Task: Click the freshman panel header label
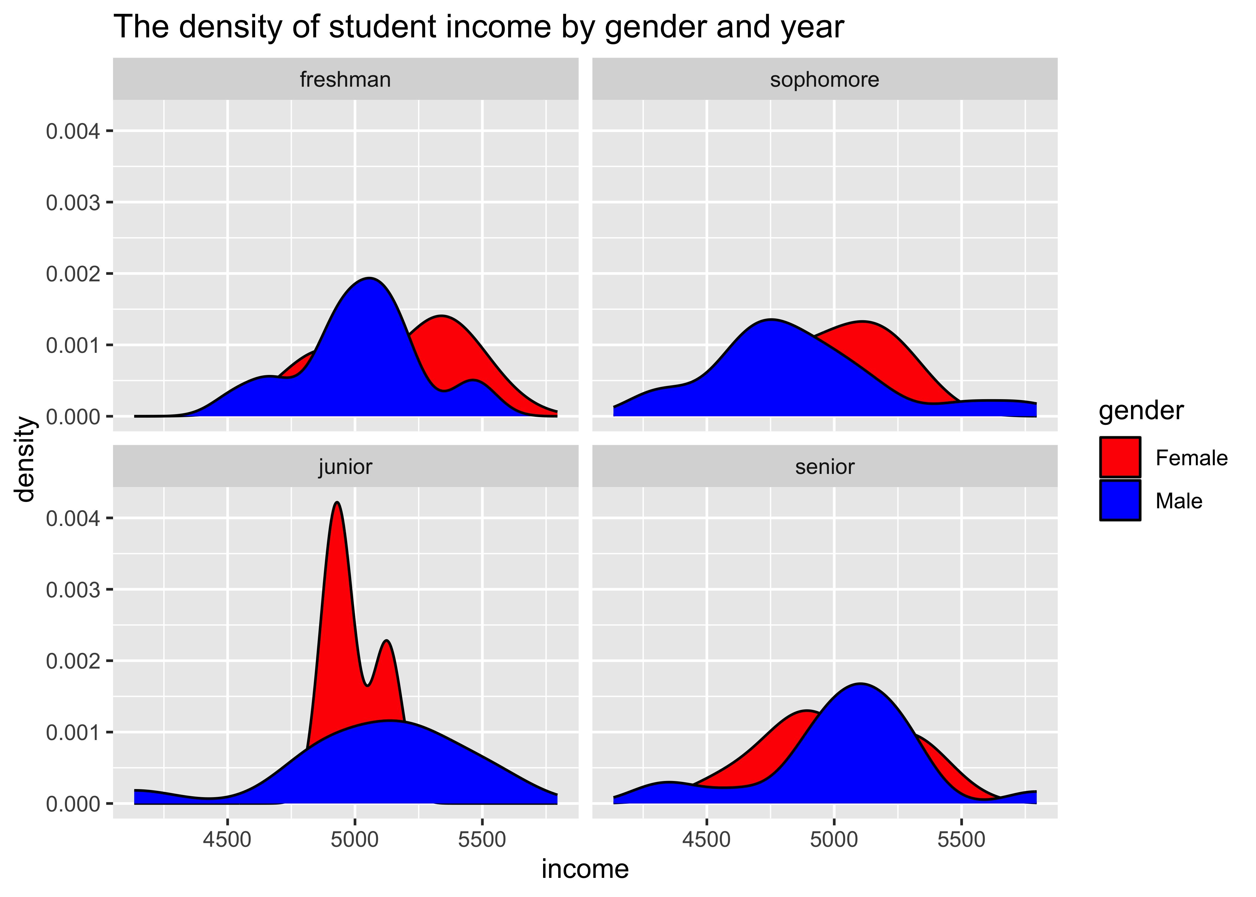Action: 345,80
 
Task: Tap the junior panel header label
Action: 345,467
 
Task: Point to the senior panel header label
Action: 825,467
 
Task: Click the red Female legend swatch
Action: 1120,457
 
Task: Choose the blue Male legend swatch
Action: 1120,501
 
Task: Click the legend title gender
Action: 1141,411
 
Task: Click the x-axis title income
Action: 584,869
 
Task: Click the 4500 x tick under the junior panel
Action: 227,840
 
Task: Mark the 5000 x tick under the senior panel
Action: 834,840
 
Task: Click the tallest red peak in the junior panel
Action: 337,504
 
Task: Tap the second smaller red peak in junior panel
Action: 387,642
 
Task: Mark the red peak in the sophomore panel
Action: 862,322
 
